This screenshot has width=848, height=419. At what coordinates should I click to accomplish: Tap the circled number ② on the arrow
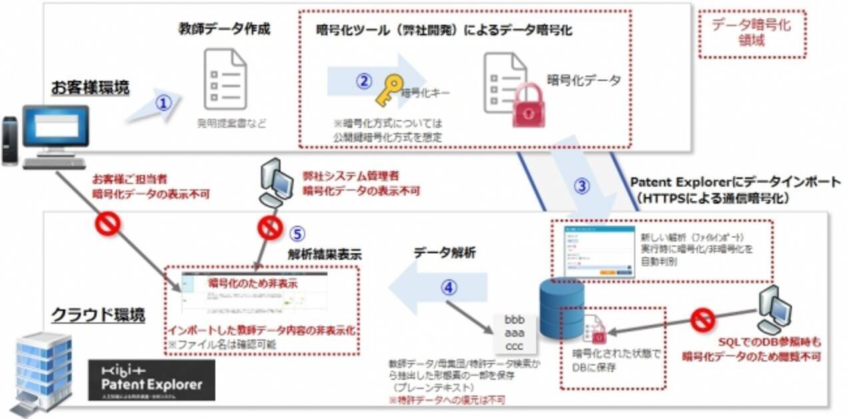[363, 81]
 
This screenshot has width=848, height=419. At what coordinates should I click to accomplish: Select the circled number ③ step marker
[582, 187]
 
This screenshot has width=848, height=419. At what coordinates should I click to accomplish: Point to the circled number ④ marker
[450, 288]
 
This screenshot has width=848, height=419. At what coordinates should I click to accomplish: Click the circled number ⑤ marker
[297, 234]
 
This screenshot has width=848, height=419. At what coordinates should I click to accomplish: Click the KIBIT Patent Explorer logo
[152, 380]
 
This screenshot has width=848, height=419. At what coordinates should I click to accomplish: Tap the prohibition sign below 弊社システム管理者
[270, 228]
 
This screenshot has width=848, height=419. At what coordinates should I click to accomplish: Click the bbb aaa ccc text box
[514, 332]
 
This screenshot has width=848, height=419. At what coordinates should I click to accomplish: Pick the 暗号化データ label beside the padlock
[583, 81]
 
